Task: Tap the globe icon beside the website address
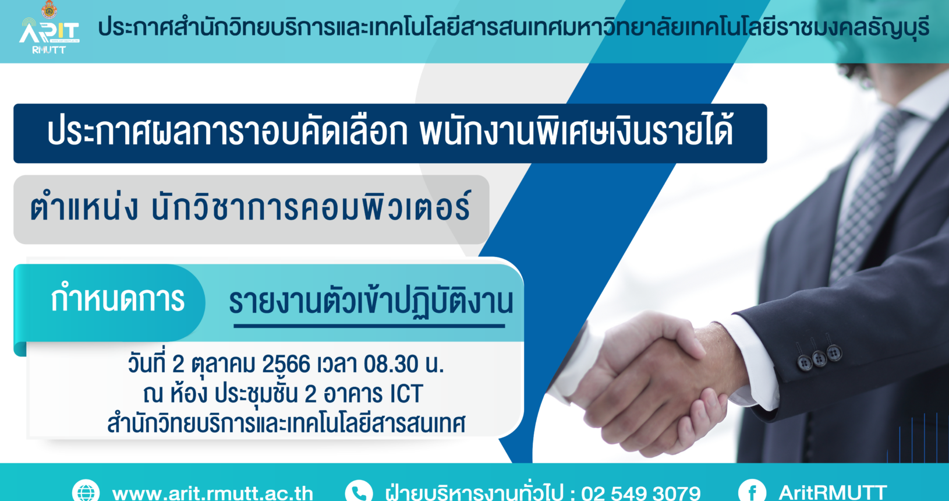point(86,492)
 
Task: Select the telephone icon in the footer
point(359,492)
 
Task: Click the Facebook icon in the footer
point(752,492)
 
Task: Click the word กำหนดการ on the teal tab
point(118,298)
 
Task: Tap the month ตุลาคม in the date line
point(223,365)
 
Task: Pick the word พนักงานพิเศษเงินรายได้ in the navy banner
point(576,132)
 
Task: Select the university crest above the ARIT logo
point(49,9)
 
